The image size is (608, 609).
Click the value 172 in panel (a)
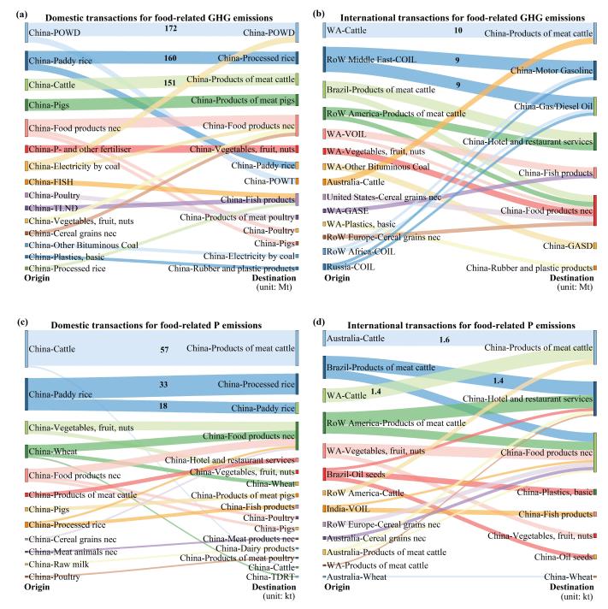point(170,28)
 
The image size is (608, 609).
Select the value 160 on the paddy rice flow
point(170,58)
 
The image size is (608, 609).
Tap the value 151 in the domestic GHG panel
point(169,83)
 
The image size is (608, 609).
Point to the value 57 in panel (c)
point(165,350)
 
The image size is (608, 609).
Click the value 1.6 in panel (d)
point(444,340)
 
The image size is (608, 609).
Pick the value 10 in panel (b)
point(458,30)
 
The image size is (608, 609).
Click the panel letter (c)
point(22,322)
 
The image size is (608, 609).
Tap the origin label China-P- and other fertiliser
point(80,149)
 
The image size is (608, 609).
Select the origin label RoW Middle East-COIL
point(371,59)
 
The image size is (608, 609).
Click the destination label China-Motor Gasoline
point(552,70)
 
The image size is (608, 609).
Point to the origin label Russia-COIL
point(351,267)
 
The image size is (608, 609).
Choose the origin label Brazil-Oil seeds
point(356,474)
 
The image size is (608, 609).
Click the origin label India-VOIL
point(348,509)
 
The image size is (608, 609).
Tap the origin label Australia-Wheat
point(357,576)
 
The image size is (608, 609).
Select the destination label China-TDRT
point(270,576)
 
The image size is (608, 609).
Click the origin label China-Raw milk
point(59,564)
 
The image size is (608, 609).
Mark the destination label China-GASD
point(568,245)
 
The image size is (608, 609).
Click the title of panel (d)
point(461,325)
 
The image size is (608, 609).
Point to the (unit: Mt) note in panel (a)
point(274,287)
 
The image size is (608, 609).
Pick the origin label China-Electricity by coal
point(74,166)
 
